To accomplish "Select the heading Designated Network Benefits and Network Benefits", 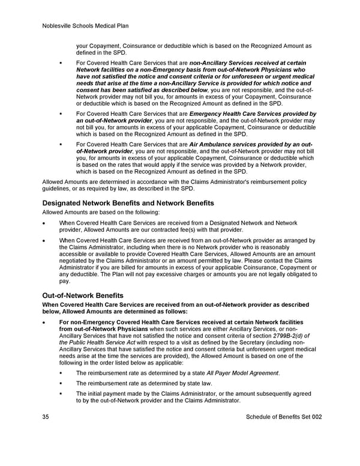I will (128, 204).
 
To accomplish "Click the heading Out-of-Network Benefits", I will (83, 295).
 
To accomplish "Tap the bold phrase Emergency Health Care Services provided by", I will (253, 113).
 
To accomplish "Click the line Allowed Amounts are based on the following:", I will (100, 213).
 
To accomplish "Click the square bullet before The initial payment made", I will (61, 394).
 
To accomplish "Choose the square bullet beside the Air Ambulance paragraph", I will (61, 145).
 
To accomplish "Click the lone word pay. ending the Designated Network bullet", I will (65, 280).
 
